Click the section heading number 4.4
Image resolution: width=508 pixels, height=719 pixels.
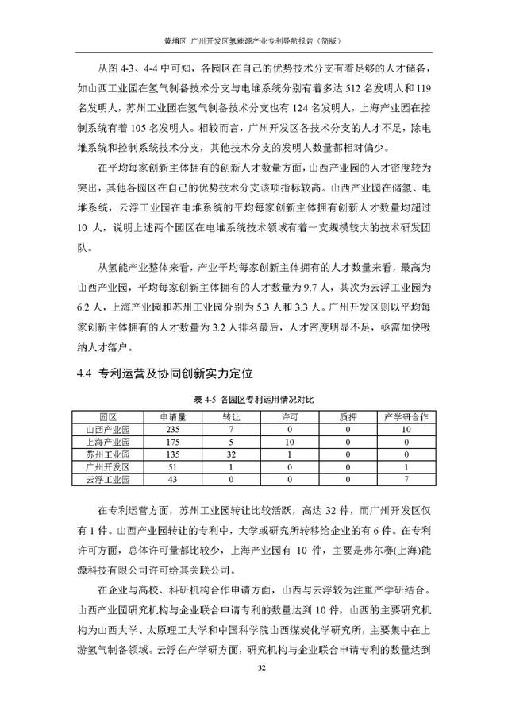[x=83, y=371]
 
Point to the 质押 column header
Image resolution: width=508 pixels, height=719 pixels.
[x=348, y=416]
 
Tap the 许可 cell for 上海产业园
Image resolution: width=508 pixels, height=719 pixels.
[x=290, y=442]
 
